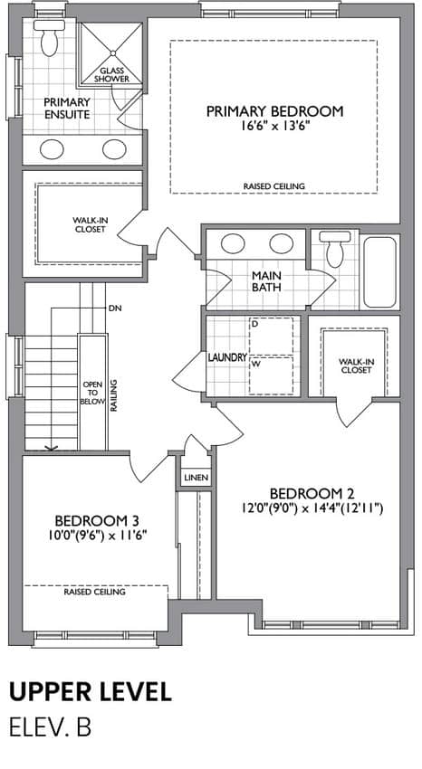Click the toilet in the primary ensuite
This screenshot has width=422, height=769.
pos(49,38)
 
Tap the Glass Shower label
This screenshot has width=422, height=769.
pos(112,74)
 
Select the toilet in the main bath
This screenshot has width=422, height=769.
pos(335,249)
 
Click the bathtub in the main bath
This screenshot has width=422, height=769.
pos(380,272)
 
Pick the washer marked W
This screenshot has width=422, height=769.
pos(272,375)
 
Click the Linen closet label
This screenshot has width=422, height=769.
pos(197,477)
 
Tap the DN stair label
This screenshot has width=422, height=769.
pos(115,309)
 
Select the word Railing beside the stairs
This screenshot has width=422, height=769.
pos(113,395)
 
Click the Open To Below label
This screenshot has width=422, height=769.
pos(93,393)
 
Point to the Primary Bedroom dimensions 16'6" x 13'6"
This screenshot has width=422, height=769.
pos(273,126)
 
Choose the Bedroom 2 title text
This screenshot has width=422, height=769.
pos(312,493)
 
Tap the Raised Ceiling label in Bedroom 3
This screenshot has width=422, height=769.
pos(95,592)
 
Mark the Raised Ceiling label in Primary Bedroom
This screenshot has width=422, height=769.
pos(274,186)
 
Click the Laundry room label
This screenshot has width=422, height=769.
pos(227,357)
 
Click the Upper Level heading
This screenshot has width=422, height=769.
pos(91,691)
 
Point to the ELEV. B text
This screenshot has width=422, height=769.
pos(50,727)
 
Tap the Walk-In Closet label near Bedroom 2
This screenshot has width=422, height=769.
pos(356,366)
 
